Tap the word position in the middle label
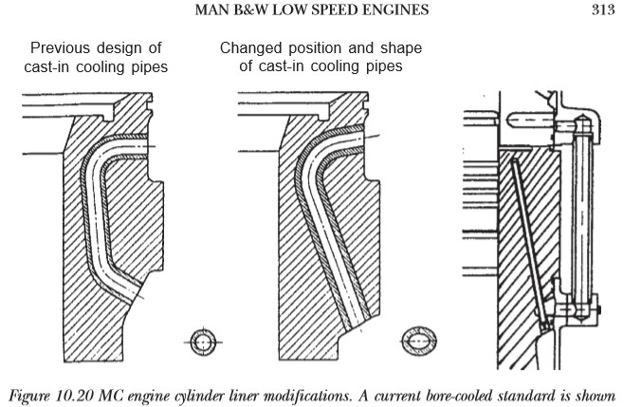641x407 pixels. [x=316, y=47]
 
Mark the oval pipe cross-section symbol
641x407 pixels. [x=420, y=341]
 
